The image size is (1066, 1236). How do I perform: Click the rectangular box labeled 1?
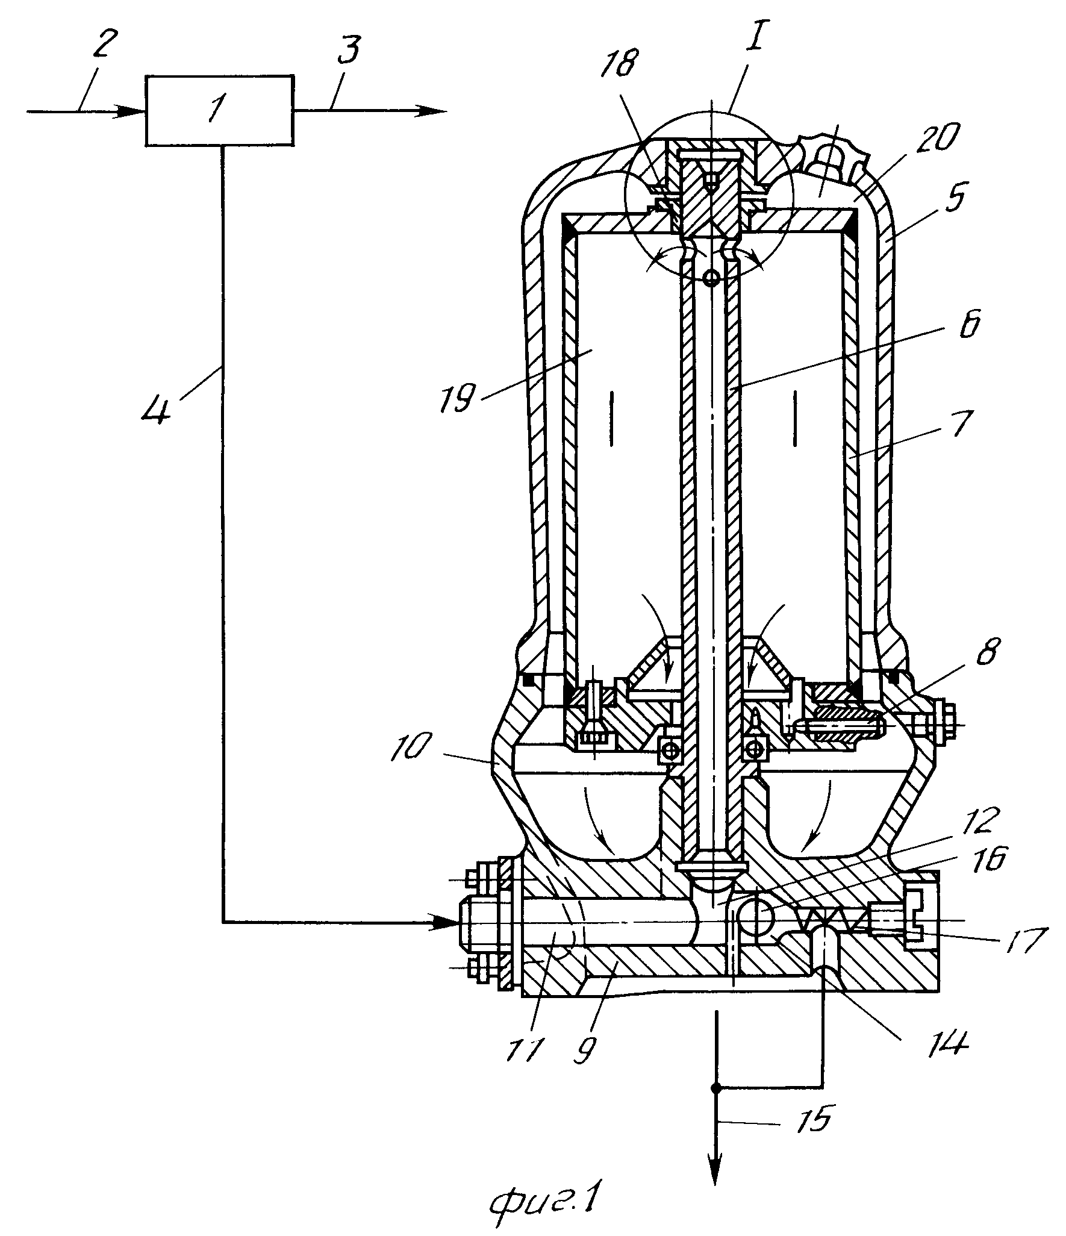(x=219, y=110)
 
